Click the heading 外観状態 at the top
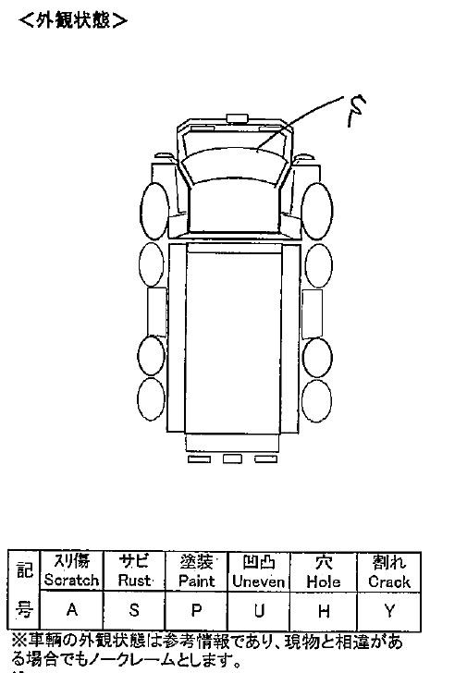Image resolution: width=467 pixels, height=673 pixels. (x=73, y=19)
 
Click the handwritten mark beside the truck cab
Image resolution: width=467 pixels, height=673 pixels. (x=356, y=111)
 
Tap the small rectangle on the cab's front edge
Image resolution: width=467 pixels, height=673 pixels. (x=238, y=118)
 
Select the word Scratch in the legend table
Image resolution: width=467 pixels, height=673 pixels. (x=72, y=581)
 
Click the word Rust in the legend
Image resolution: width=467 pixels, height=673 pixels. (x=134, y=581)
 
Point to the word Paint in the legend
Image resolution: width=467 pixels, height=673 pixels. (x=197, y=581)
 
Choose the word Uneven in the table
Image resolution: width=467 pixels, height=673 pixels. (x=258, y=581)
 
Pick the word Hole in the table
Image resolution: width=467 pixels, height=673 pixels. (x=324, y=581)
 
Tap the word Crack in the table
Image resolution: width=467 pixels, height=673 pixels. (x=389, y=582)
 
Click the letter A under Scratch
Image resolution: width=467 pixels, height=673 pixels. (x=72, y=609)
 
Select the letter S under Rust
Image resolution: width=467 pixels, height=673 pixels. (x=134, y=609)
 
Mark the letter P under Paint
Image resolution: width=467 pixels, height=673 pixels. (x=196, y=610)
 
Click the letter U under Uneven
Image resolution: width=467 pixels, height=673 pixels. (x=258, y=610)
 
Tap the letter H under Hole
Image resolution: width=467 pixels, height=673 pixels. (x=324, y=611)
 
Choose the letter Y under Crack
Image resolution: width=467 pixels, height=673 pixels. (x=389, y=611)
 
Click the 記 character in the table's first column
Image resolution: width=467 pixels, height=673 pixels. (x=24, y=570)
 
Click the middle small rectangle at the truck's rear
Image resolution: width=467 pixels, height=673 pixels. (x=232, y=459)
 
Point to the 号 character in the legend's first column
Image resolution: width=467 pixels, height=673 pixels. (x=24, y=608)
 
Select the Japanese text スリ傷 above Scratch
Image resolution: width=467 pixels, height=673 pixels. (x=72, y=561)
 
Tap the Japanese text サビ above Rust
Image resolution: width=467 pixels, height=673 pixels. (x=134, y=561)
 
